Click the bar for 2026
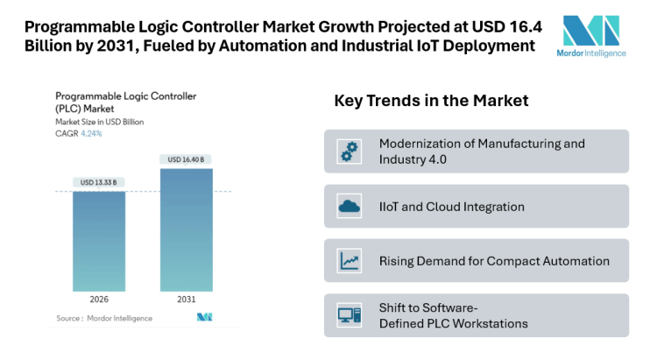(x=99, y=242)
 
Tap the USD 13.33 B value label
(x=99, y=182)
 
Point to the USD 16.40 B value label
(x=186, y=159)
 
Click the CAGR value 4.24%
(x=91, y=133)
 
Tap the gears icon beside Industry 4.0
(x=350, y=152)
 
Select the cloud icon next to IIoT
(x=350, y=207)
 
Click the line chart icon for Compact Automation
(x=350, y=261)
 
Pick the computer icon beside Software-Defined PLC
(x=350, y=315)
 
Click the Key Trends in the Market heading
(x=431, y=101)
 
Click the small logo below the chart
(x=205, y=317)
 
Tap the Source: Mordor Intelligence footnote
(x=104, y=318)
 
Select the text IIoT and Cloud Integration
(x=452, y=207)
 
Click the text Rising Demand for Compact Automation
(x=494, y=261)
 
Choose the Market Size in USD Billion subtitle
(x=99, y=122)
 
